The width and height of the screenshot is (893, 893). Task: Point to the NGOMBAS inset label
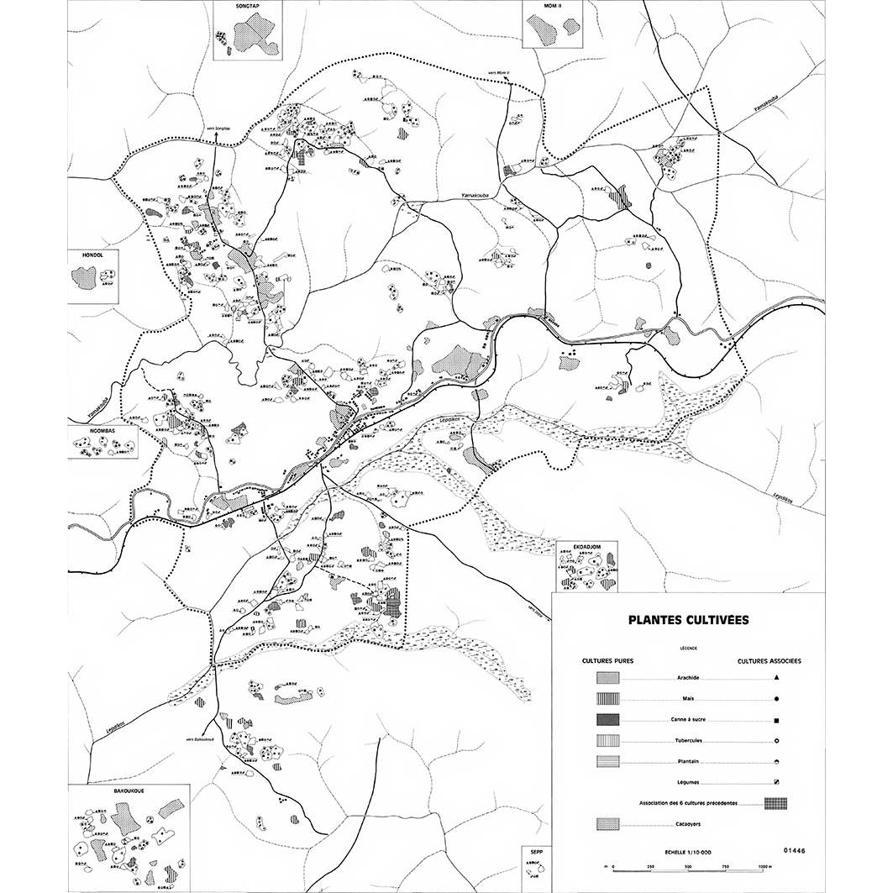click(87, 431)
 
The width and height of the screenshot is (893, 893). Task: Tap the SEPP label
click(535, 850)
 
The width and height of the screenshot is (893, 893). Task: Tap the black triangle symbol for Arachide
click(778, 677)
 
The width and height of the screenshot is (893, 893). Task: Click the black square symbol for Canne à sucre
click(778, 721)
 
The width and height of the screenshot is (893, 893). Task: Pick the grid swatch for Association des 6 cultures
click(775, 803)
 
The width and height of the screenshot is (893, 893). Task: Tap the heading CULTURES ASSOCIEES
click(769, 661)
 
